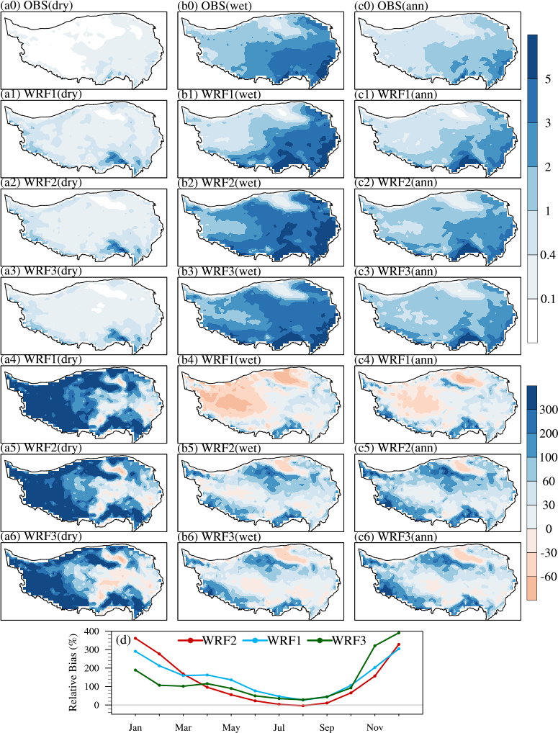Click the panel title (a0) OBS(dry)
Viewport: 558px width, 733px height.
click(42, 6)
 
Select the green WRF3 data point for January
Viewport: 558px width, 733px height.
click(135, 670)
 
